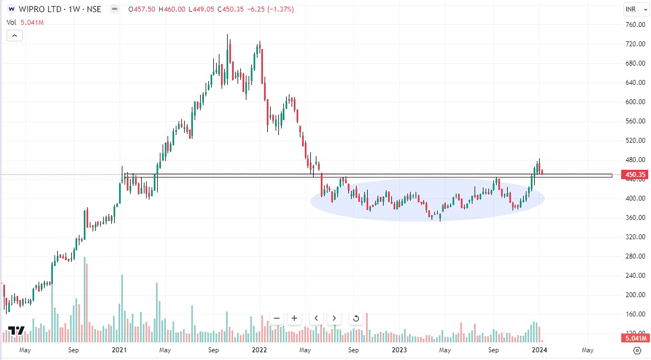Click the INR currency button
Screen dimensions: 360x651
coord(632,9)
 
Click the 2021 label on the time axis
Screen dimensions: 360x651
coord(120,350)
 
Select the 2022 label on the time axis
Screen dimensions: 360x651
coord(259,350)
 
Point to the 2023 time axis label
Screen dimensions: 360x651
coord(399,350)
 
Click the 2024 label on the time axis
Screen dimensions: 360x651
coord(539,350)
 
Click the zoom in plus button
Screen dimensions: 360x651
coord(294,318)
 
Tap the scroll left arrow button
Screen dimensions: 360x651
coord(316,318)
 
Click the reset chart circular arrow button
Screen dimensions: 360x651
coord(356,318)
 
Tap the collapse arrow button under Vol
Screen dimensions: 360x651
coord(15,36)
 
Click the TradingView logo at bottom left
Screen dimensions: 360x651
coord(16,331)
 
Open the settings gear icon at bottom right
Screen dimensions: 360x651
coord(637,350)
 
